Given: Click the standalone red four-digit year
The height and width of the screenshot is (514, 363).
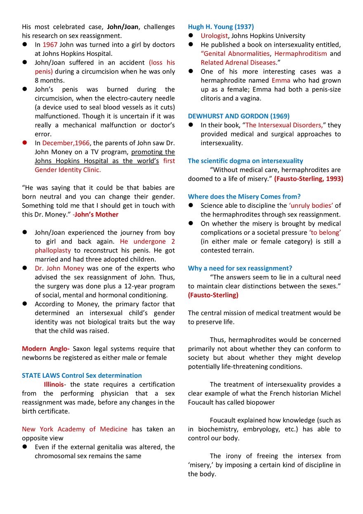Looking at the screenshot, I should [50, 45].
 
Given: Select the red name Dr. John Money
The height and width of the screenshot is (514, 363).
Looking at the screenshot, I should [59, 269].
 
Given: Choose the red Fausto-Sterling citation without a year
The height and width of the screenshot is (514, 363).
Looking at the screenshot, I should [213, 295].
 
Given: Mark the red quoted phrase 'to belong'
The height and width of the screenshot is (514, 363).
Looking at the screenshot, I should [325, 233].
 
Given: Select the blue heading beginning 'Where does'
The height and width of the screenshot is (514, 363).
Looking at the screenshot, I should [245, 196].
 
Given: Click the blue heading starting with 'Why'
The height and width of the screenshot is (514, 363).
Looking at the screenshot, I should [240, 269].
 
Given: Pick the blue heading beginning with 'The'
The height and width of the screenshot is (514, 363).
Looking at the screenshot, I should [246, 161].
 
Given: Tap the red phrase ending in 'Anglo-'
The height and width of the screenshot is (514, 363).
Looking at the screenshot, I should [45, 349].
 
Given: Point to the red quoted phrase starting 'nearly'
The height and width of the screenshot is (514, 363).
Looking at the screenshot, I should [310, 206].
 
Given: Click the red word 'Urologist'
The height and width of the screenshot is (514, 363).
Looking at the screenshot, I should [213, 36].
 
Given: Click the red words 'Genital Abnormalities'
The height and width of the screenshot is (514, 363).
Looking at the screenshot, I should [235, 54].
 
